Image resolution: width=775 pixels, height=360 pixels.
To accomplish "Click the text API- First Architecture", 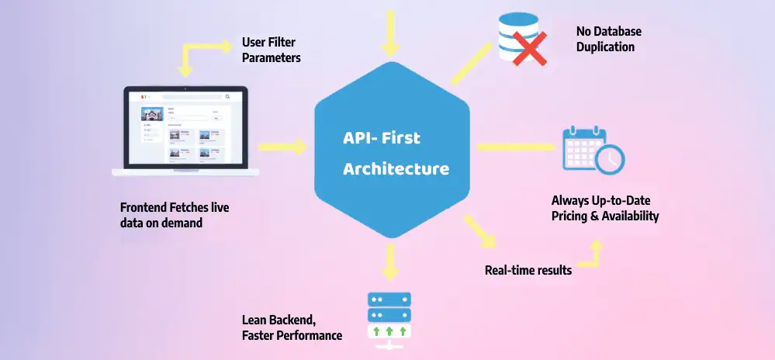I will (396, 153).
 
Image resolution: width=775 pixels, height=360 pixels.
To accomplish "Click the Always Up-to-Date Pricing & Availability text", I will (605, 208).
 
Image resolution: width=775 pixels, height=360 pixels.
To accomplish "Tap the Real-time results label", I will (528, 270).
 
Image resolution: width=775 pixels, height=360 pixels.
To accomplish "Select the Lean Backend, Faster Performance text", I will (292, 327).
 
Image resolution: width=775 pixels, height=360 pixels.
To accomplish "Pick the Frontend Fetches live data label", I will (175, 215).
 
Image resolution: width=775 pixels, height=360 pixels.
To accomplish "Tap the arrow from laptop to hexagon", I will (282, 146).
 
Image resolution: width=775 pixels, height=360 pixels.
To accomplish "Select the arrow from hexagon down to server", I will (389, 261).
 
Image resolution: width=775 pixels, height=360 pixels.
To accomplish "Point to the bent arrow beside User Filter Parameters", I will (203, 54).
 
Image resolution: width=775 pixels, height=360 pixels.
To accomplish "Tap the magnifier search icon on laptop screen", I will (227, 97).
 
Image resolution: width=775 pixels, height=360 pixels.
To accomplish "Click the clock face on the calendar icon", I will (610, 159).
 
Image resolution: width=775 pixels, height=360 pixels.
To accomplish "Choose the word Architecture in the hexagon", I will (396, 168).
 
